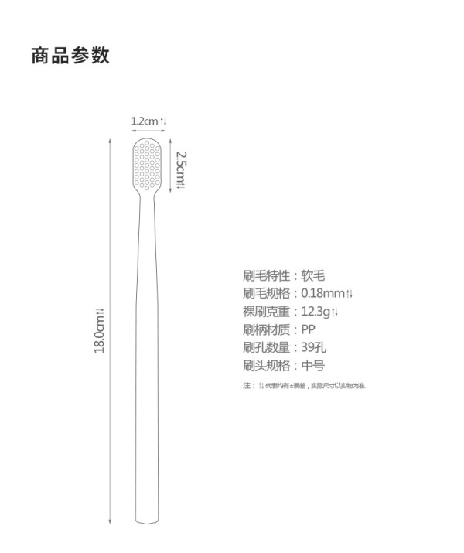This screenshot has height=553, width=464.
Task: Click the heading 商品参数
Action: tap(70, 56)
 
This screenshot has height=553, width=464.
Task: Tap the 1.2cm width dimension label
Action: tap(148, 121)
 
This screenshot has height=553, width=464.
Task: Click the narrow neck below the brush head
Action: tap(148, 203)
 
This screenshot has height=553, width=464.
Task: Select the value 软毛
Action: tap(314, 275)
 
